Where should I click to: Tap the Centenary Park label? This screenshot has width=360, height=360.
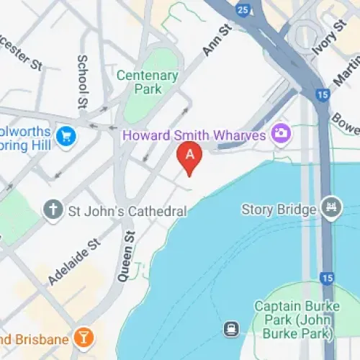click(148, 82)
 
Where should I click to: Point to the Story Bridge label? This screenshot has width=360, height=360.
click(279, 210)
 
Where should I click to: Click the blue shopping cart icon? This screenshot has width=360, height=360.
click(67, 135)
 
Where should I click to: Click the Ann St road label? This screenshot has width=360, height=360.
click(215, 40)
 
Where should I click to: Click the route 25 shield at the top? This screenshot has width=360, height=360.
click(243, 9)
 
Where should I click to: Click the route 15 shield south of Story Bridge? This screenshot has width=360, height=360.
click(327, 277)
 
